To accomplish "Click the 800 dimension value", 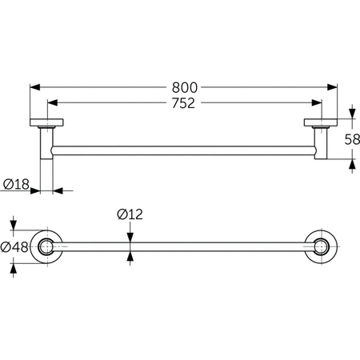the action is (x=185, y=87).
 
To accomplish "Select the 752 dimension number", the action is (x=183, y=103).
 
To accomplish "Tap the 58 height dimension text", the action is (x=352, y=139).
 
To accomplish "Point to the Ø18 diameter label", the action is (x=16, y=184).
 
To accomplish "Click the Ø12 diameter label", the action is (x=130, y=214).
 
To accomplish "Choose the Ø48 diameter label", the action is (x=14, y=247).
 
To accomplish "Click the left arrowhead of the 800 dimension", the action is (x=35, y=87).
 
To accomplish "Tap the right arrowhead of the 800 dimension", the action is (x=332, y=87).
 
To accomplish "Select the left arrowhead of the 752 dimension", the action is (x=53, y=102).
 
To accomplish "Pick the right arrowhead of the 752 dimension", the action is (x=317, y=102).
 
